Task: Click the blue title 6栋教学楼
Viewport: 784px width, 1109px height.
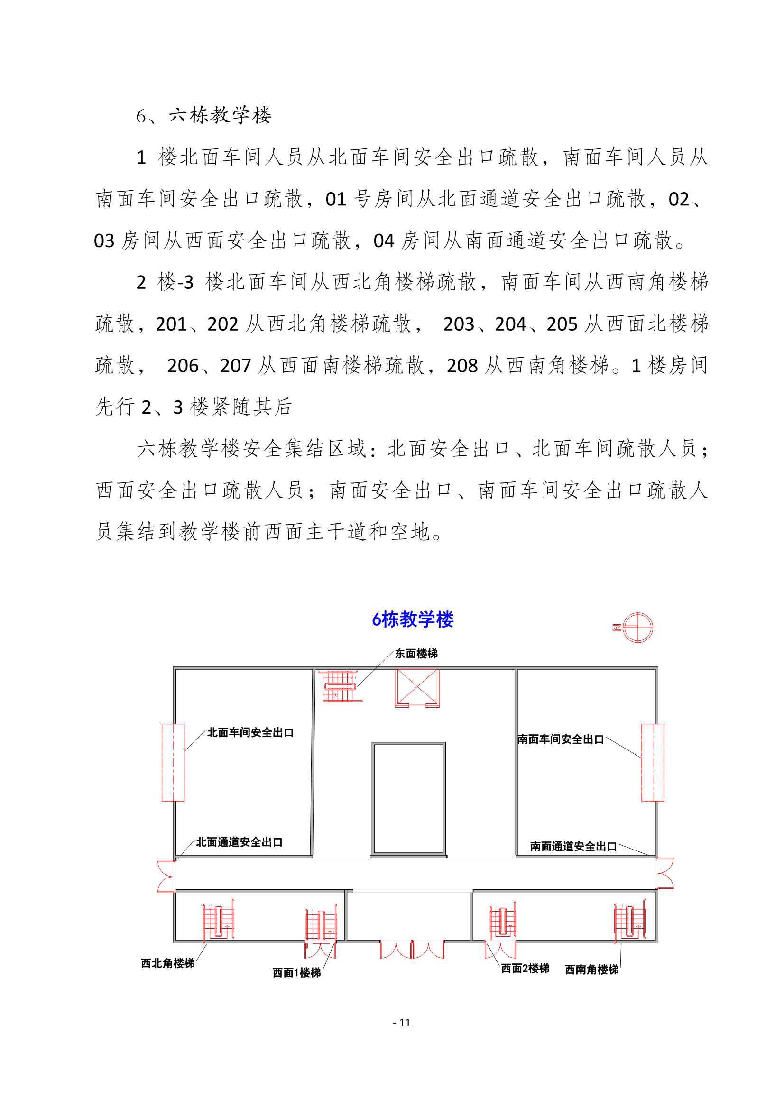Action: tap(413, 619)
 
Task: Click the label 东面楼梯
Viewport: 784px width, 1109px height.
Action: tap(416, 654)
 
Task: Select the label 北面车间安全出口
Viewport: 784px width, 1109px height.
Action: tap(250, 732)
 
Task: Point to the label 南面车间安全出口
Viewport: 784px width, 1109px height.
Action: tap(560, 739)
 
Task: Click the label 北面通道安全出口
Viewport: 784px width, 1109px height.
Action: tap(239, 842)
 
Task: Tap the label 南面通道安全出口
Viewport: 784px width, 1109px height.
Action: tap(573, 846)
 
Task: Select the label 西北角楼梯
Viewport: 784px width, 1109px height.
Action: tap(167, 963)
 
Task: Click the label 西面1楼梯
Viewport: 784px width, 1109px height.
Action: tap(296, 973)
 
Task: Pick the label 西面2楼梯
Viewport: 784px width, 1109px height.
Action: tap(525, 969)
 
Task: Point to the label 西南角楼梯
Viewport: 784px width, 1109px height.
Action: tap(592, 970)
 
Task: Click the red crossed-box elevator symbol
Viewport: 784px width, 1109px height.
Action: tap(417, 688)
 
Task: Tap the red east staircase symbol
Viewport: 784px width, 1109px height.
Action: tap(341, 686)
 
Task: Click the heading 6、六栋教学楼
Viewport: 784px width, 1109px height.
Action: tap(204, 115)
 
